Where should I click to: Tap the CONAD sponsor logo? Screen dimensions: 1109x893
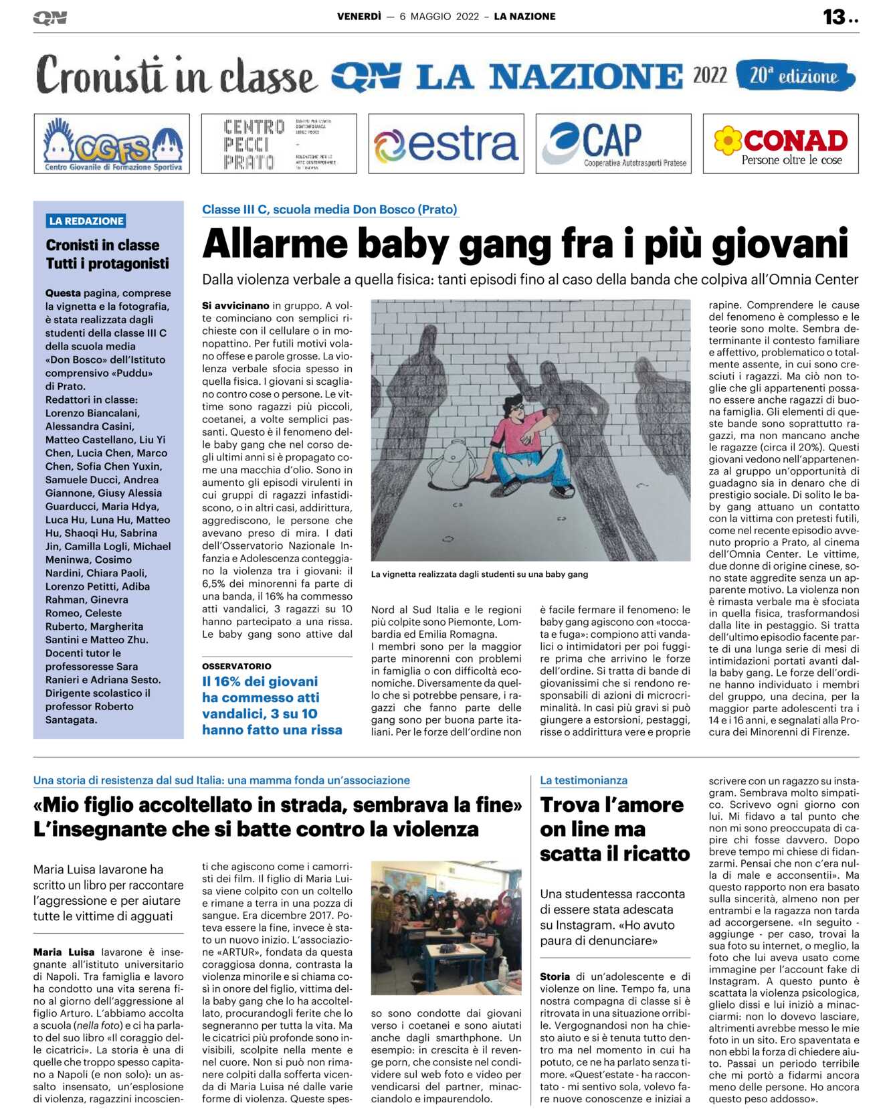click(781, 144)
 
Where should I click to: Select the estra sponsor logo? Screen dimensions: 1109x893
click(446, 144)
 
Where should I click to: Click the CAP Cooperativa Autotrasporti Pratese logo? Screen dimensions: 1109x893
click(613, 144)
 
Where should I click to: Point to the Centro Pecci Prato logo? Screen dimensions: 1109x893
click(279, 144)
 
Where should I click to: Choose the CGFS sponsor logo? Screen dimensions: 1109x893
click(112, 144)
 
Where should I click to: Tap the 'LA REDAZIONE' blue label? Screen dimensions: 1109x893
click(86, 221)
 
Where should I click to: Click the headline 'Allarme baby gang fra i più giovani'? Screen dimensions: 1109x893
click(525, 244)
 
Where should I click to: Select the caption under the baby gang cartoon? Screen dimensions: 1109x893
click(480, 574)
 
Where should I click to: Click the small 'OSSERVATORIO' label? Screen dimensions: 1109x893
click(237, 667)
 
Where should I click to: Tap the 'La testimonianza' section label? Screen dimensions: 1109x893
click(583, 780)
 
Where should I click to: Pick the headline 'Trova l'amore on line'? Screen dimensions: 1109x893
click(611, 829)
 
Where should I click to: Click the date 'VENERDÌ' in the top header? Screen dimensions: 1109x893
click(359, 17)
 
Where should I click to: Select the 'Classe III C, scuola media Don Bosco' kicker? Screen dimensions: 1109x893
click(330, 209)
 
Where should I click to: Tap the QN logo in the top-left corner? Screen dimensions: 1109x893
click(49, 17)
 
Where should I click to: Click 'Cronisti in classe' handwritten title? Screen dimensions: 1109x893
click(175, 76)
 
